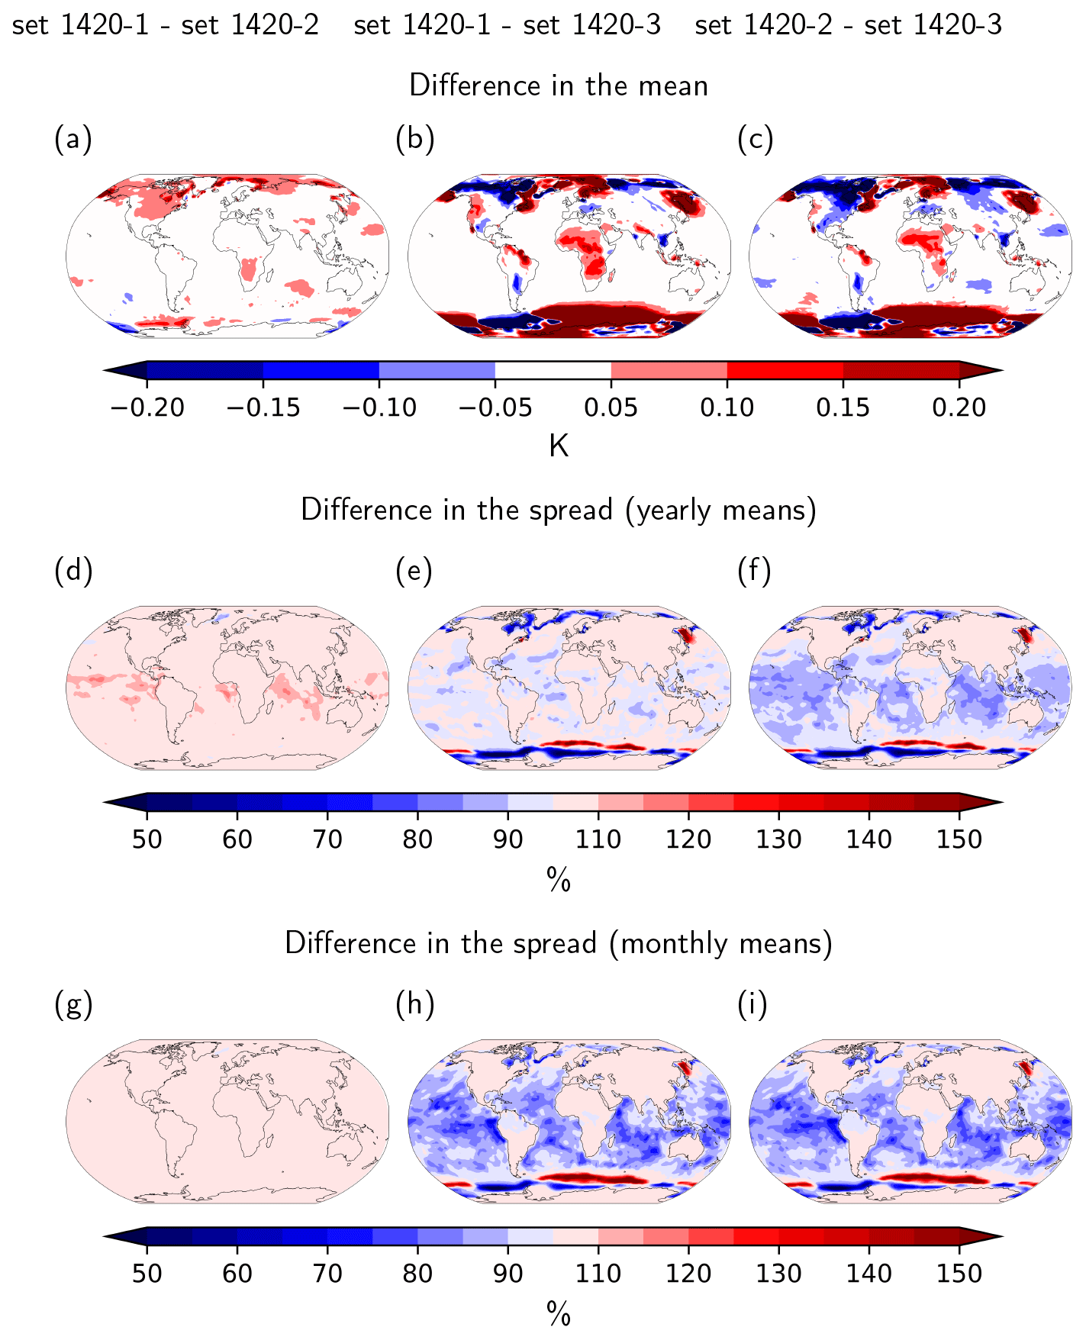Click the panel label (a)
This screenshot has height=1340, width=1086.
(73, 140)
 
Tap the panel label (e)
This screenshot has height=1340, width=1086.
(414, 571)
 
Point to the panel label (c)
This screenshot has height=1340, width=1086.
(755, 140)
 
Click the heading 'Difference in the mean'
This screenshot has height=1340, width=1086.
(559, 85)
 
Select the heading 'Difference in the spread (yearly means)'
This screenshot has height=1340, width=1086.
(559, 510)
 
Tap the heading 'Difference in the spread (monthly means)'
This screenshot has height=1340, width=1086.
(559, 944)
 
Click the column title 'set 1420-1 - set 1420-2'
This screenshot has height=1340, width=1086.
(166, 26)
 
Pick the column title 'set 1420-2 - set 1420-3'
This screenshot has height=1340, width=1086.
(848, 26)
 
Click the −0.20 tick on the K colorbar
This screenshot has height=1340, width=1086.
(147, 407)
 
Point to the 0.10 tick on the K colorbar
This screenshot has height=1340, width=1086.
(727, 407)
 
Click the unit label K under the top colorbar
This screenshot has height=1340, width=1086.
(559, 446)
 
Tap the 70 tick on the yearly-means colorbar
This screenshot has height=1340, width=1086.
(327, 839)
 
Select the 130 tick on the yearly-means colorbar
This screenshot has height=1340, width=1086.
(778, 839)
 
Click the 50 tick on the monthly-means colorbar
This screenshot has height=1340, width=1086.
(147, 1274)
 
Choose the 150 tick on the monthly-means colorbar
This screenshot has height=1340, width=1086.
(959, 1274)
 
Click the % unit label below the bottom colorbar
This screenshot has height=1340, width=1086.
(559, 1314)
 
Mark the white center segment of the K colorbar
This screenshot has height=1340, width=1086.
(553, 370)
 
